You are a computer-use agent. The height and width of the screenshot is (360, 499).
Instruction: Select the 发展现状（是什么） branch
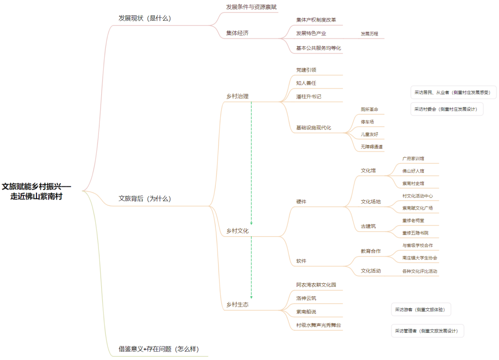(x=145, y=18)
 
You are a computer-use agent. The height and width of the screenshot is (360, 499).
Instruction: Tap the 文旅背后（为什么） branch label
(x=145, y=199)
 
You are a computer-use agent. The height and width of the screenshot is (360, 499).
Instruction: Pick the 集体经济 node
(x=237, y=33)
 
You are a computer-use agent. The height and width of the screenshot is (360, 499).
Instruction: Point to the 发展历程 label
(x=369, y=34)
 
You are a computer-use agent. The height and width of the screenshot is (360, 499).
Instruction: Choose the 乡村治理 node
(x=237, y=97)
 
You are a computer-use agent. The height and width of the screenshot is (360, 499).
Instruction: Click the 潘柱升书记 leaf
(x=309, y=97)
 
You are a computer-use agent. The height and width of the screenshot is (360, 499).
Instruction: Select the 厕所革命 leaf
(x=369, y=110)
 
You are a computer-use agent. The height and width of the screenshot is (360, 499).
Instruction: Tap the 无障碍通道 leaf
(x=372, y=147)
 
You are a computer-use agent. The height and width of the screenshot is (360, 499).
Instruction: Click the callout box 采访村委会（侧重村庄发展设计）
(x=446, y=109)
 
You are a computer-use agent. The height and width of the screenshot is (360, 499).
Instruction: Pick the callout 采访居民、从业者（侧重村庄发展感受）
(x=453, y=92)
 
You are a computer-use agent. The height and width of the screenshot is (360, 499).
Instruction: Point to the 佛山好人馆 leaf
(x=413, y=171)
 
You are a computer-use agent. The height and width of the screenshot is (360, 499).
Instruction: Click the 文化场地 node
(x=371, y=202)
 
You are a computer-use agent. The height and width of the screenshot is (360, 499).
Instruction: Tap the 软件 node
(x=301, y=261)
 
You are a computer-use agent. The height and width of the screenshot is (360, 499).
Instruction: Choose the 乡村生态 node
(x=237, y=305)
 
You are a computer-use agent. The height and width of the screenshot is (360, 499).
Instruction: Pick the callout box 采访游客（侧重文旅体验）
(x=420, y=310)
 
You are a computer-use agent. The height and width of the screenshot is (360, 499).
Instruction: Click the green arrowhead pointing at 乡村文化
(x=251, y=223)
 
